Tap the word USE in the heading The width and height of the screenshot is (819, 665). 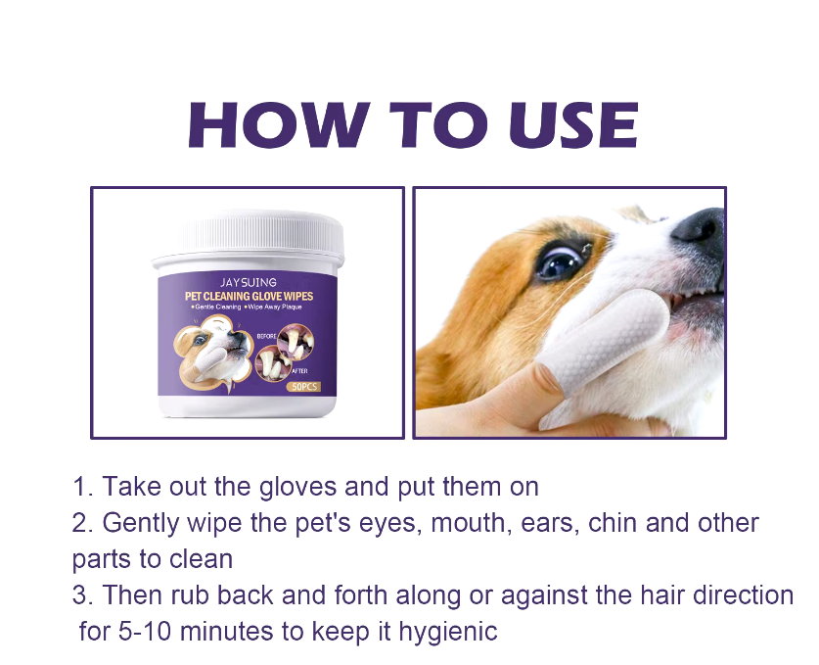click(573, 124)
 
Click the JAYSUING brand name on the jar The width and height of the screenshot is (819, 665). click(249, 282)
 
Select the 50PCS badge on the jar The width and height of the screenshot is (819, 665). click(303, 387)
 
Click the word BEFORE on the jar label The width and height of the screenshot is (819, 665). click(266, 336)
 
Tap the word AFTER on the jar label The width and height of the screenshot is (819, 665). click(299, 371)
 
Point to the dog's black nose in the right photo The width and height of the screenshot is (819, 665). click(699, 227)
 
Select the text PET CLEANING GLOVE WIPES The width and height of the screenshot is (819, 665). click(249, 297)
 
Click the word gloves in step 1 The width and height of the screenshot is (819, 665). click(297, 488)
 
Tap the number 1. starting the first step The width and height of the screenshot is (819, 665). click(82, 486)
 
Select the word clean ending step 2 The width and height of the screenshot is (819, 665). click(201, 559)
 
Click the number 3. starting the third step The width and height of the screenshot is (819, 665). click(82, 594)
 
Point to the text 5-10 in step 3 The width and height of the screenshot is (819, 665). click(145, 632)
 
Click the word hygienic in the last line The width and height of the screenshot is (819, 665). click(448, 633)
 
